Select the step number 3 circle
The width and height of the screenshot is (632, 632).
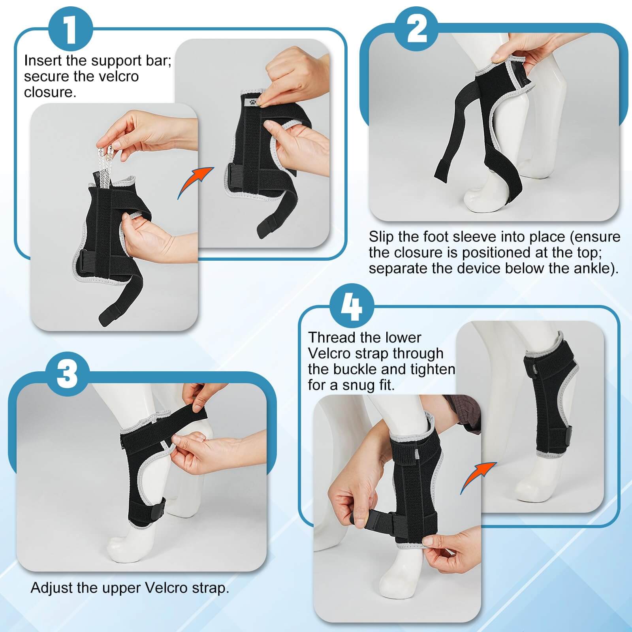[67, 373]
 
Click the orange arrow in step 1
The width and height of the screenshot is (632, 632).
[195, 181]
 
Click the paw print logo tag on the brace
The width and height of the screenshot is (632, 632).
[252, 102]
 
